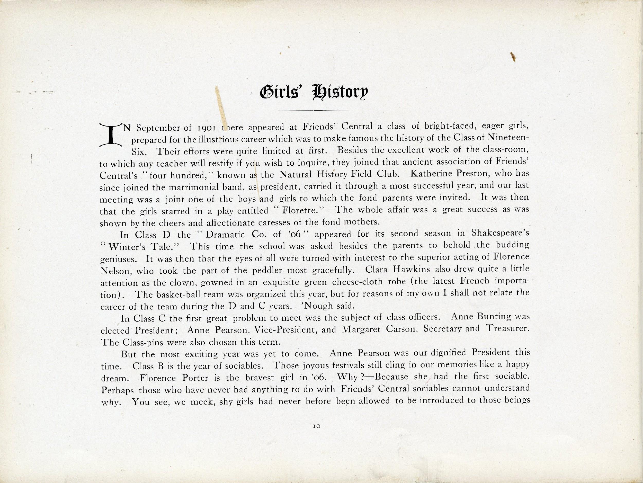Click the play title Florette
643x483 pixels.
[x=303, y=210]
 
